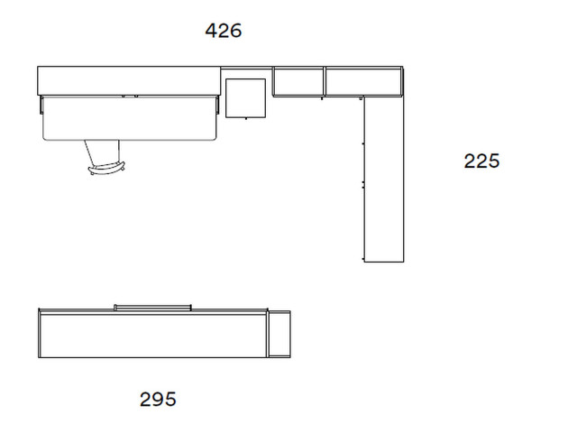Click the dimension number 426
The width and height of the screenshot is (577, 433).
pos(224,31)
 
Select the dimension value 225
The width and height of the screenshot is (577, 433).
pos(481,161)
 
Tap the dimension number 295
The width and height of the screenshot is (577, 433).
pos(158,399)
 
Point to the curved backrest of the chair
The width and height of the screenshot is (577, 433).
pos(106,168)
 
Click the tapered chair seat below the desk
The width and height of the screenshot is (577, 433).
pos(102,152)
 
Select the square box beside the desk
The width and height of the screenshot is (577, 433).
pos(245,98)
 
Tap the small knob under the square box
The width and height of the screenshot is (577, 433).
pos(246,118)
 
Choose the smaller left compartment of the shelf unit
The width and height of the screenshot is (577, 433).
pos(298,82)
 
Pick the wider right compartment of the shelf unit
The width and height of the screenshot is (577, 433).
pos(363,82)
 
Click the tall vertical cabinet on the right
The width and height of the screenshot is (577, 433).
pos(384,180)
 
